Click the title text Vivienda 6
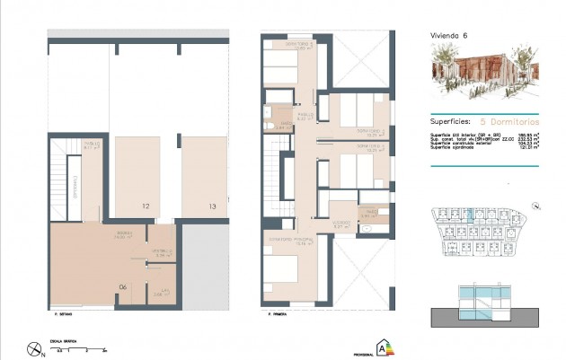point(448,36)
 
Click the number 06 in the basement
point(123,287)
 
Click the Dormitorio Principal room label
point(287,239)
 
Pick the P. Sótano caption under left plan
point(63,314)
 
